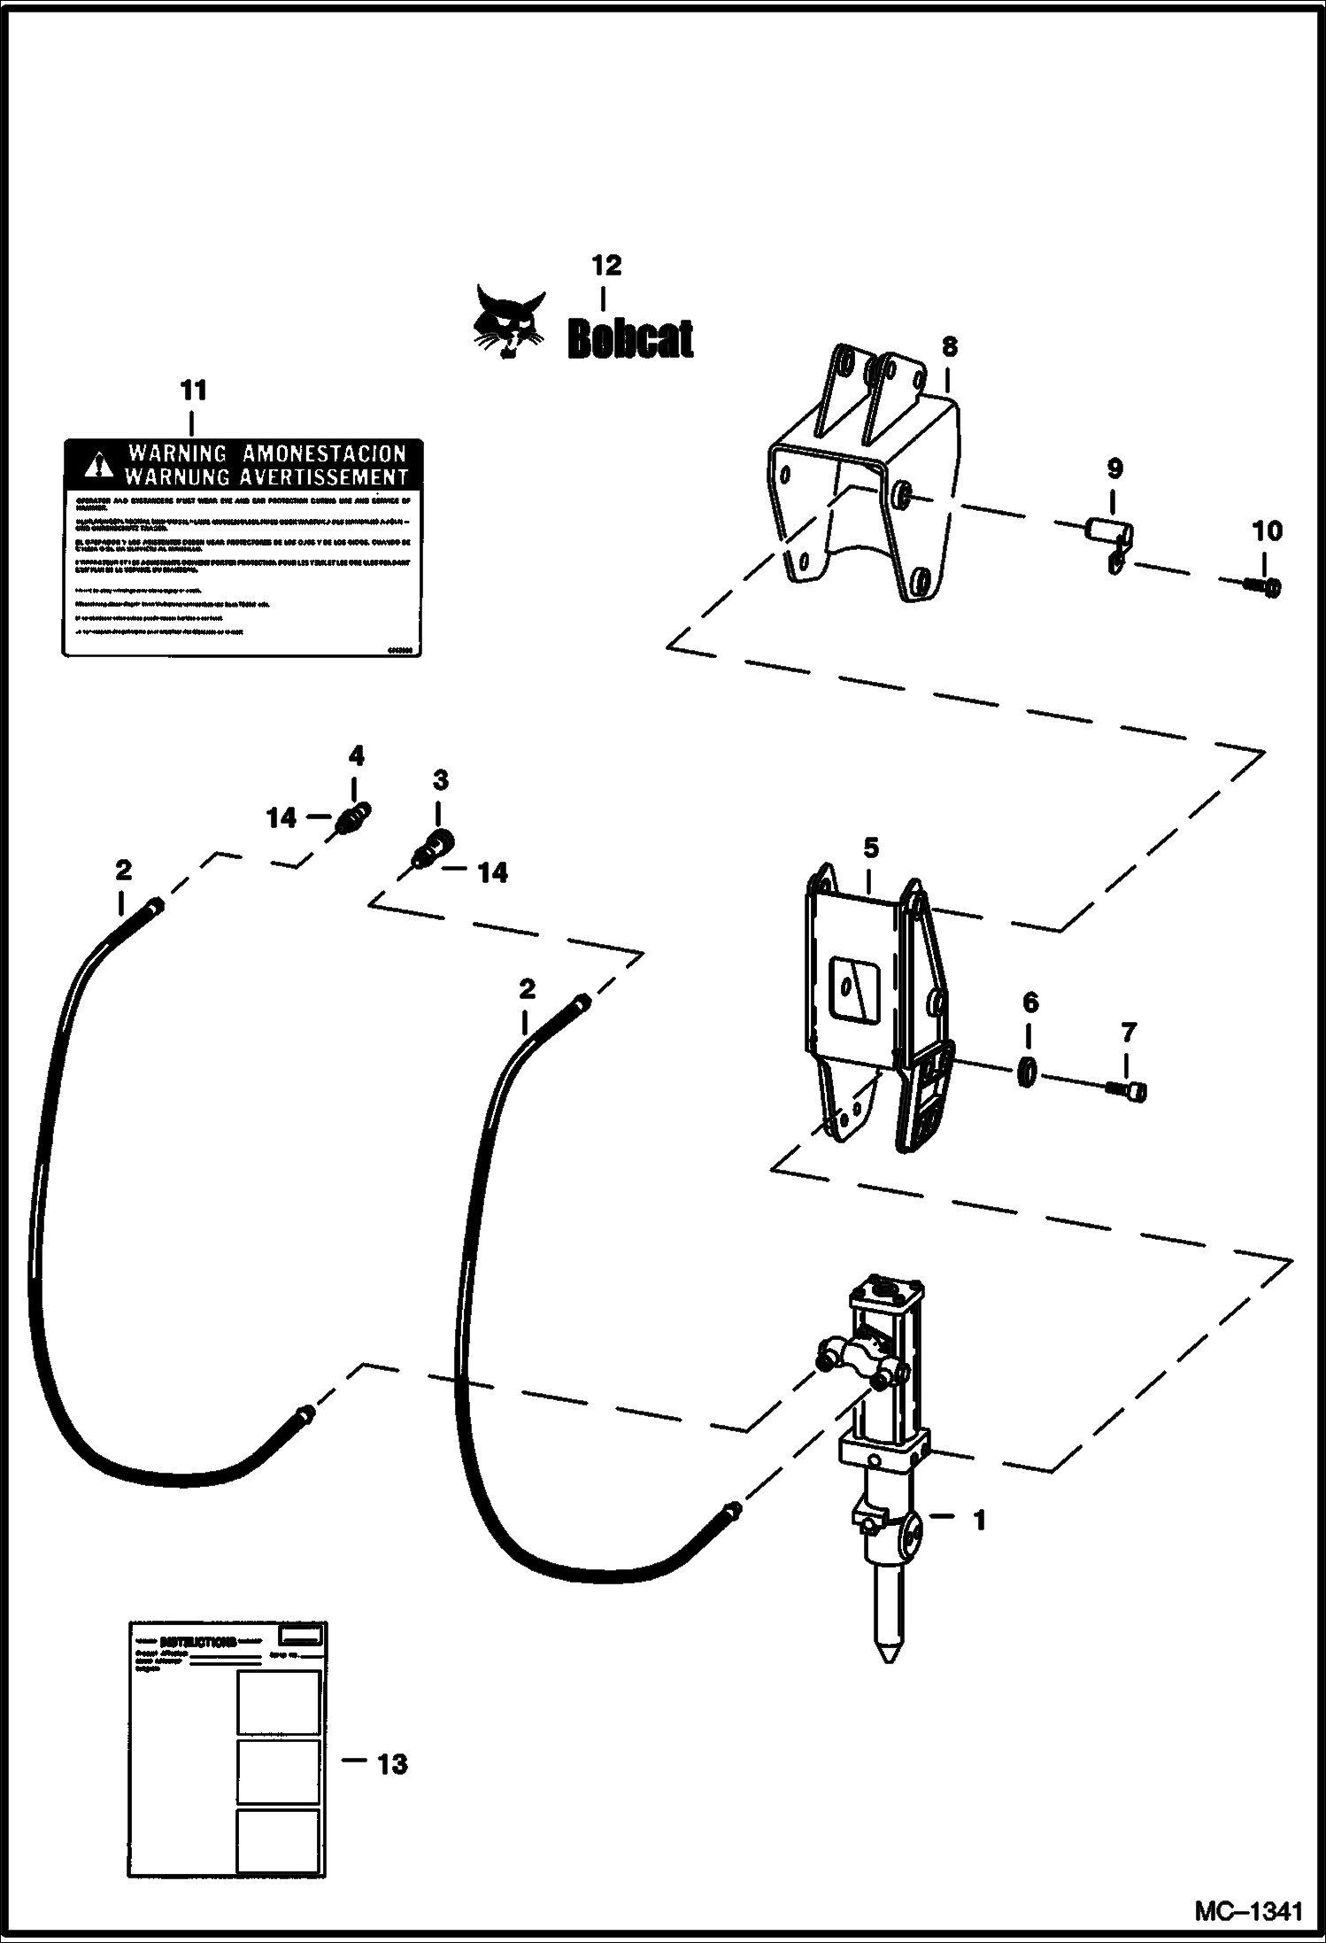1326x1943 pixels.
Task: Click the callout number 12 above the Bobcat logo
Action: tap(606, 265)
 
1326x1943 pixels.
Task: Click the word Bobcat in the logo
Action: tap(630, 338)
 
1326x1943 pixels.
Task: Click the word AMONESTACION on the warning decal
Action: tap(324, 453)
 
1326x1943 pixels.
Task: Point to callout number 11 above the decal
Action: tap(193, 391)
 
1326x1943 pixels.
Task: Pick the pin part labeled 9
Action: tap(1104, 538)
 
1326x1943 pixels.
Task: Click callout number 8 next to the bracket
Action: tap(949, 346)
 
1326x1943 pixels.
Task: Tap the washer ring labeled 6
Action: tap(1027, 1072)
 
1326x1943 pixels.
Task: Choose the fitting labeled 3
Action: tap(433, 847)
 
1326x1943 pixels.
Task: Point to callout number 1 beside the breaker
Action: tap(979, 1521)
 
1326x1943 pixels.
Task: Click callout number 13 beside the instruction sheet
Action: tap(391, 1764)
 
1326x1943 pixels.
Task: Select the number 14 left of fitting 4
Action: tap(281, 817)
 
